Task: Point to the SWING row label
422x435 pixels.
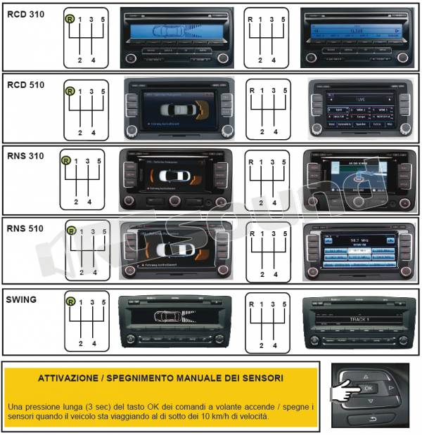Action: tap(21, 299)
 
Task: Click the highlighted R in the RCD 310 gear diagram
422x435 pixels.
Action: tap(69, 19)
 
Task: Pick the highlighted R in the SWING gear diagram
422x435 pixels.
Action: tap(70, 302)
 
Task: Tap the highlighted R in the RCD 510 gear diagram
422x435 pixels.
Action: tap(69, 91)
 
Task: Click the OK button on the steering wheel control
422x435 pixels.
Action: tap(368, 388)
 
